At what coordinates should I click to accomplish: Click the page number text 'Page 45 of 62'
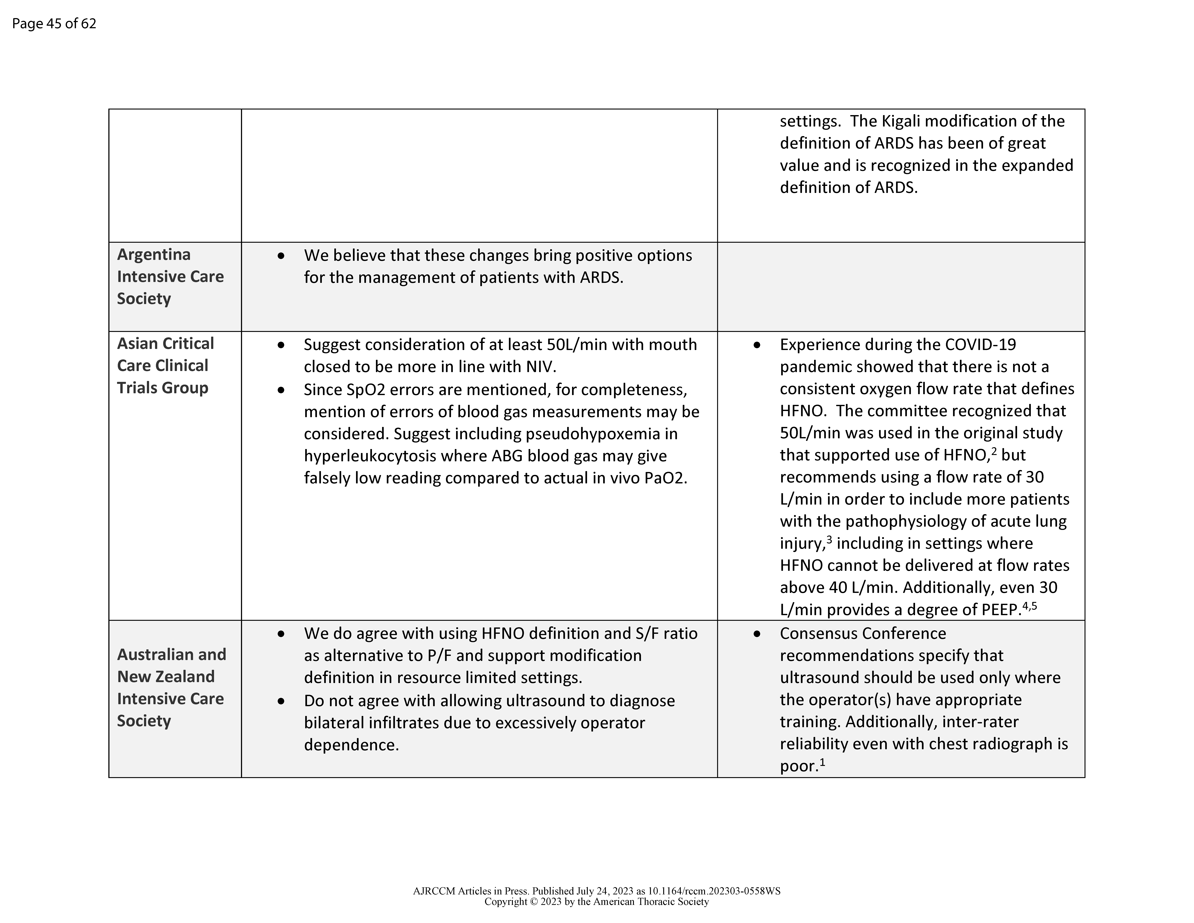tap(54, 24)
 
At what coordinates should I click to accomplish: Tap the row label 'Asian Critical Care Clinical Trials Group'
tap(165, 365)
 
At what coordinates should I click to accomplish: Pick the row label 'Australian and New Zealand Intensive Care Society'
tap(171, 687)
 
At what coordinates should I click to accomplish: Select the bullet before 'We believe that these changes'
tap(281, 255)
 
